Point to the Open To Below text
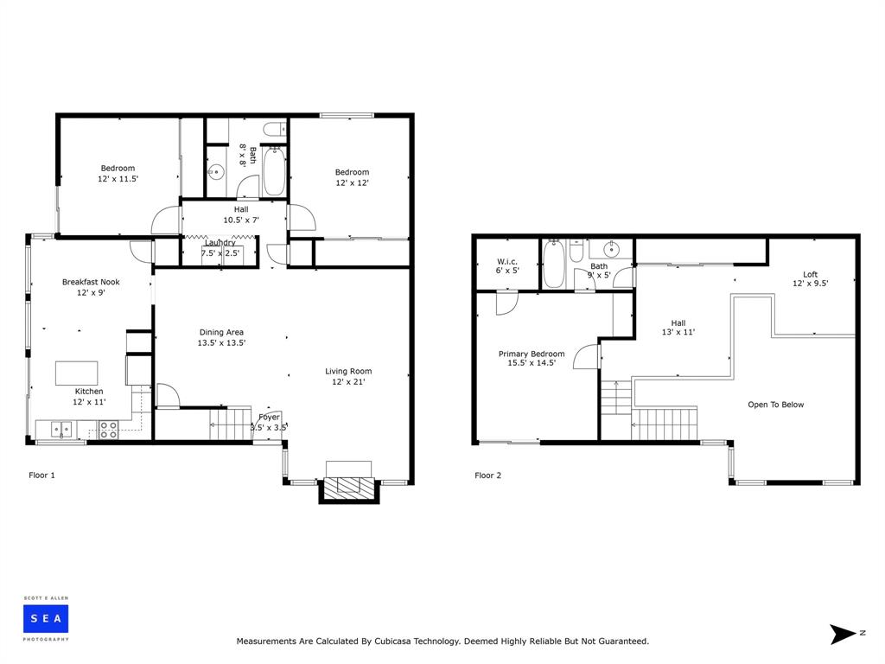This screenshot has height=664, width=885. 775,405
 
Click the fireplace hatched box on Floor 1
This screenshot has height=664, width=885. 349,485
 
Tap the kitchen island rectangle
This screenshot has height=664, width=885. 76,373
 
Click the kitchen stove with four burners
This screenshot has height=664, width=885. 108,430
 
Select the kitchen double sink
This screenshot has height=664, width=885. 61,430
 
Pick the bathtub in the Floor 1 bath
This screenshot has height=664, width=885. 274,171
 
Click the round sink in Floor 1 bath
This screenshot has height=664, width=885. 216,172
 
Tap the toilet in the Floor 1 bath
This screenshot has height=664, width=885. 275,130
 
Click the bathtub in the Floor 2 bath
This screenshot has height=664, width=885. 554,265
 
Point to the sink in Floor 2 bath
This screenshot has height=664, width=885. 611,248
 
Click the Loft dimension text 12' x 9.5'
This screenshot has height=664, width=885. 810,284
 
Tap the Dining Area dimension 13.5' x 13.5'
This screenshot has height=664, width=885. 221,342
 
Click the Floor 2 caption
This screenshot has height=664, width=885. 487,476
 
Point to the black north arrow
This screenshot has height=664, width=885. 842,634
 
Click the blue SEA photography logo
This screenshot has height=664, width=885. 46,619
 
